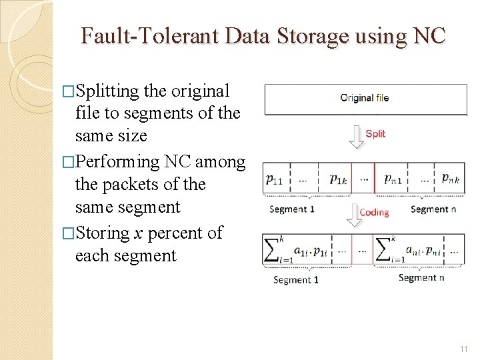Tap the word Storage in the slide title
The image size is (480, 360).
point(310,35)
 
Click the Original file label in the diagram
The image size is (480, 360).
point(364,98)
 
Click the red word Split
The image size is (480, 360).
point(375,134)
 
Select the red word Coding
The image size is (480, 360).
point(374,213)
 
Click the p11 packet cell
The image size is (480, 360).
point(275,179)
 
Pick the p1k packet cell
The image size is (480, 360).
point(339,179)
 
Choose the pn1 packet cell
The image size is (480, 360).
point(394,179)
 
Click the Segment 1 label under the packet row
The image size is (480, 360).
point(292,209)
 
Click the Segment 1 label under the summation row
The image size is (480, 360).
point(296,280)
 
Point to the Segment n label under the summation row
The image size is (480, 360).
point(421,278)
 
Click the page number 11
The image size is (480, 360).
point(464,349)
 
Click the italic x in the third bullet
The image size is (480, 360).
point(137,233)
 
